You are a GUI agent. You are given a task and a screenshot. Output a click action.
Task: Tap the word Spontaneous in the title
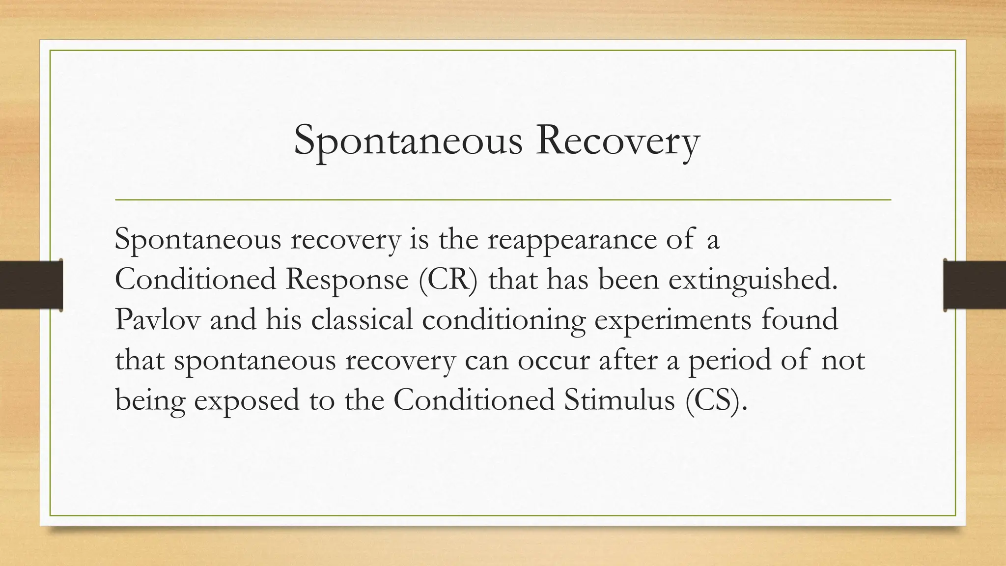click(408, 141)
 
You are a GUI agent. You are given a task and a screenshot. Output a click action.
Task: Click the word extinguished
click(752, 280)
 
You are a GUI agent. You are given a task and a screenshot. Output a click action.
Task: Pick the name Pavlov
click(158, 319)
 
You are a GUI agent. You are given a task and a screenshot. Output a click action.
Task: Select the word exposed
click(247, 400)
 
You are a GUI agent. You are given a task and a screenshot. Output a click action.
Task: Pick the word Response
click(347, 281)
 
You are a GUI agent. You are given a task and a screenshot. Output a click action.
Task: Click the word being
click(150, 400)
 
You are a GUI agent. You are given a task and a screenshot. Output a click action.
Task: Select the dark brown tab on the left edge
click(31, 285)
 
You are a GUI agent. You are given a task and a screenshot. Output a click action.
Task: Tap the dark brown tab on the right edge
click(975, 285)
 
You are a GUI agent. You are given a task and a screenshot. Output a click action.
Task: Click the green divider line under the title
click(503, 200)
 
